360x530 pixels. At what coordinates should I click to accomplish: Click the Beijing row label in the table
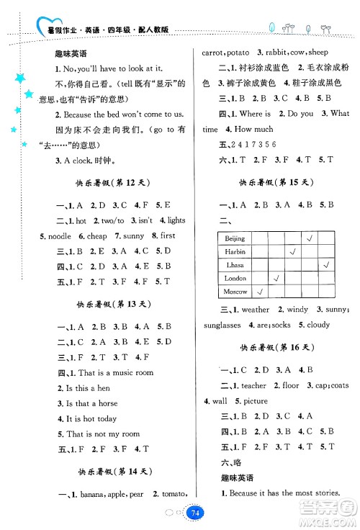(235, 238)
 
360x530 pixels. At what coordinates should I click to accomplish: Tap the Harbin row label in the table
(235, 252)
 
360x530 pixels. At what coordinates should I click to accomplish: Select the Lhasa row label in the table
(235, 265)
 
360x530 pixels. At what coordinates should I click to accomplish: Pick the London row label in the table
(235, 278)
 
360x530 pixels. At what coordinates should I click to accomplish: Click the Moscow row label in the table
(235, 292)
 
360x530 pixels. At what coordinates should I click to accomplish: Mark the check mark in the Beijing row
(310, 238)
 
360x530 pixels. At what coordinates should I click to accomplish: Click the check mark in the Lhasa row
(326, 264)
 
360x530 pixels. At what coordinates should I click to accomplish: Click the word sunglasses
(222, 325)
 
